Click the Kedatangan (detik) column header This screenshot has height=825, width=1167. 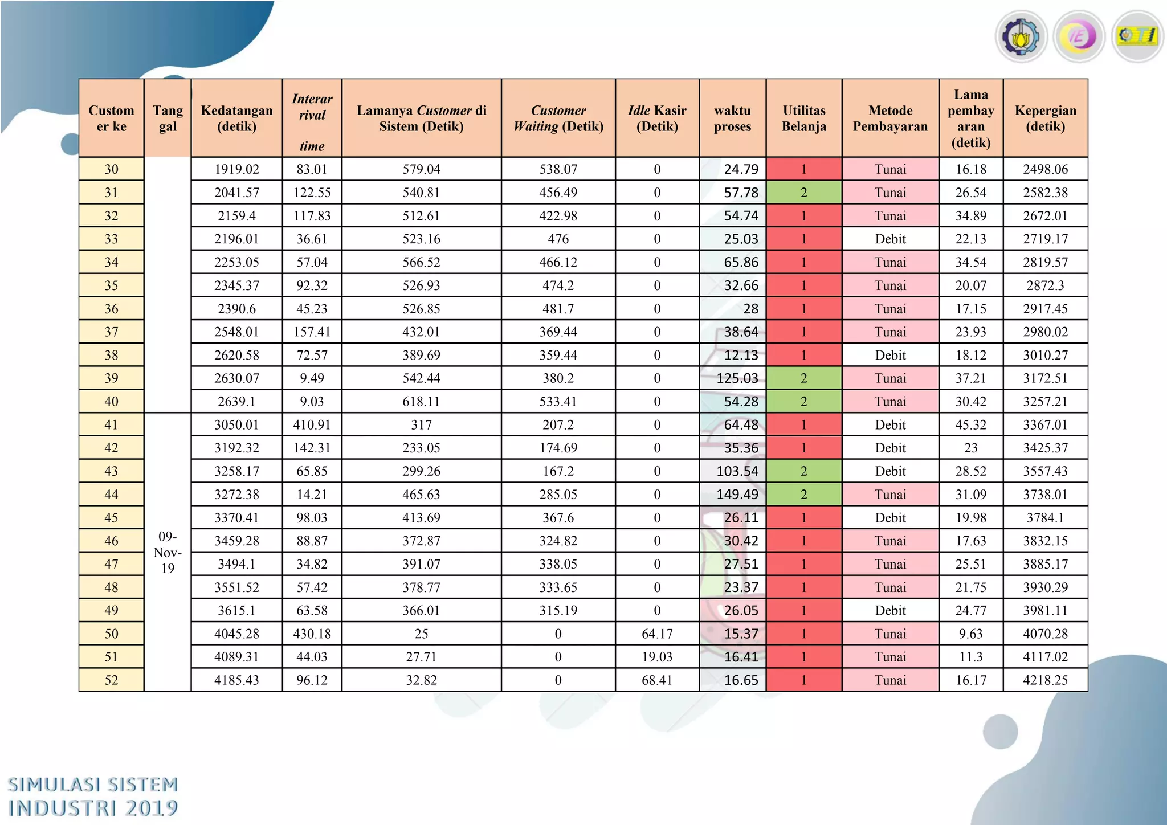[x=236, y=118]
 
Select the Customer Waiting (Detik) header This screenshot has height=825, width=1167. [x=558, y=118]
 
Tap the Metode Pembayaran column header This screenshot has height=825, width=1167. [x=890, y=118]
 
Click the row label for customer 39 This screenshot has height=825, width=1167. [x=111, y=378]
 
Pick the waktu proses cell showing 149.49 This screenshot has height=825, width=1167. [x=737, y=494]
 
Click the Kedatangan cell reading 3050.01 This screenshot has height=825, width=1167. [x=236, y=424]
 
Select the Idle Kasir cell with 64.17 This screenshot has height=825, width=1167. [x=657, y=634]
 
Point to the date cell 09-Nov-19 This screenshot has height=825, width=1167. [x=168, y=552]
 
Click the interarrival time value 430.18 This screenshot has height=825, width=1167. [x=312, y=634]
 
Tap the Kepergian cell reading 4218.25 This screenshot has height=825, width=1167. [x=1045, y=680]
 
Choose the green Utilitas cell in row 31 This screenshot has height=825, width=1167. [x=803, y=193]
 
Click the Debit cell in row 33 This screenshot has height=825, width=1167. [x=890, y=239]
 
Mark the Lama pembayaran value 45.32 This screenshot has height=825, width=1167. [x=970, y=424]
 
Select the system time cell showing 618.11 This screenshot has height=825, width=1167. [x=421, y=401]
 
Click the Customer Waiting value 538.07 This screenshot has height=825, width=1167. [x=558, y=169]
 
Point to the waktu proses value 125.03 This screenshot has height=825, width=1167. [x=737, y=378]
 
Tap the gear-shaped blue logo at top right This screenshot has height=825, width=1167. [x=1021, y=37]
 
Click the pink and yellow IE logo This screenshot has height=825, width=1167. [x=1079, y=37]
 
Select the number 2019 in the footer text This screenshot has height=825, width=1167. [x=152, y=808]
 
